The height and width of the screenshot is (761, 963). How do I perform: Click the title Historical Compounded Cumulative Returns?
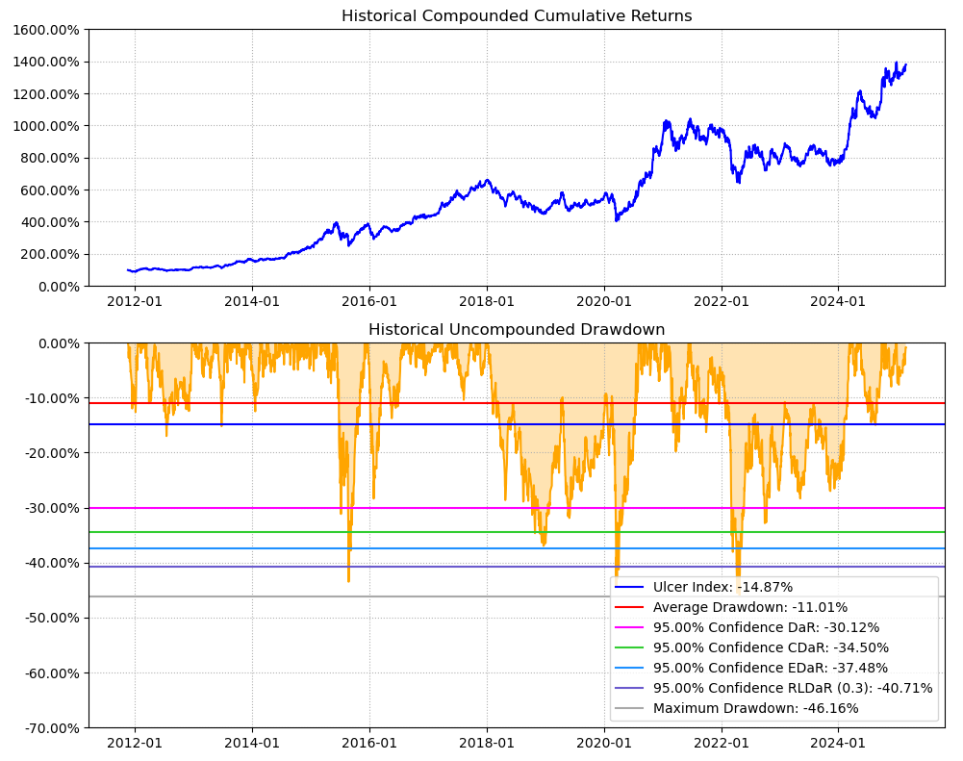pos(517,15)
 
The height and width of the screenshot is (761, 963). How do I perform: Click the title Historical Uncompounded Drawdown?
pos(517,329)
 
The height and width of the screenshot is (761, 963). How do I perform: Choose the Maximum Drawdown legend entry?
pos(755,708)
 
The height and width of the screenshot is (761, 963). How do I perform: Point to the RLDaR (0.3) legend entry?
pos(793,688)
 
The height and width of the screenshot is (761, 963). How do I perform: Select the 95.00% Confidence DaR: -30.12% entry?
pos(766,627)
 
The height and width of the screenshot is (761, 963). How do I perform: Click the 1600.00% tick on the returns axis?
pos(46,30)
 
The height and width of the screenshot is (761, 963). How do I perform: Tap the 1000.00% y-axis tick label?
pos(46,126)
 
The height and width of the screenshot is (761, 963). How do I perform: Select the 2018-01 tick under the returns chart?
pos(487,301)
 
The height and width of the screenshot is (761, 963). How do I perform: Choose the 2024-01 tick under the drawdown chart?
pos(838,743)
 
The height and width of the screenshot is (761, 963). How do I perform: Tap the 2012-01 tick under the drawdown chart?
pos(135,743)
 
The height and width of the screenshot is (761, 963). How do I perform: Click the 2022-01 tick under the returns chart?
pos(722,301)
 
